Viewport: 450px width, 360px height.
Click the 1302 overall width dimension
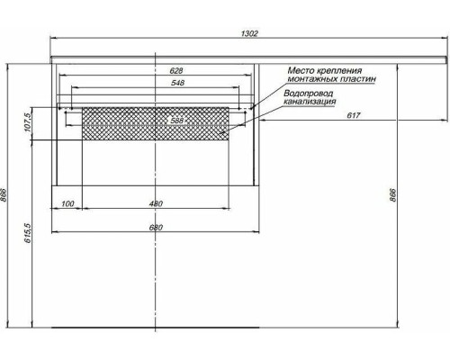tap(249, 34)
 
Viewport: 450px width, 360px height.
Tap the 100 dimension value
tap(67, 204)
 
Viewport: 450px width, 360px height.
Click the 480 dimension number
tap(156, 204)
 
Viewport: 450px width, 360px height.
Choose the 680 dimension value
tap(156, 226)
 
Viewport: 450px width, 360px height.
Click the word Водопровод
tap(309, 94)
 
